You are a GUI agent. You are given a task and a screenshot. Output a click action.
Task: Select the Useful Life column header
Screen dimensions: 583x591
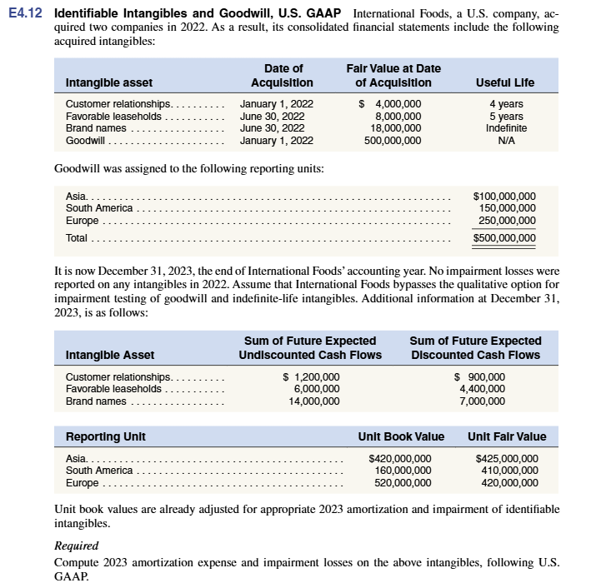click(505, 82)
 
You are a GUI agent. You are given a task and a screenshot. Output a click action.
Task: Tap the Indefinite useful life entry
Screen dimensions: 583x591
click(506, 128)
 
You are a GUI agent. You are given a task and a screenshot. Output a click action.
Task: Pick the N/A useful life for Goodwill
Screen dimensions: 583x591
click(506, 141)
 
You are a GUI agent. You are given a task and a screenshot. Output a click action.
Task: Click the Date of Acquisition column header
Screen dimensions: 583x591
click(283, 75)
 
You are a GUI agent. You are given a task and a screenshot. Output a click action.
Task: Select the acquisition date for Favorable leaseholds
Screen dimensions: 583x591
click(272, 116)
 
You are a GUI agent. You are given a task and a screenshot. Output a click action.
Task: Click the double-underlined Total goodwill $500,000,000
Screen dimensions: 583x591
click(504, 238)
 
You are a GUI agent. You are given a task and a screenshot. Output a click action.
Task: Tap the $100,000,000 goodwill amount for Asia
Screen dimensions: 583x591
click(504, 197)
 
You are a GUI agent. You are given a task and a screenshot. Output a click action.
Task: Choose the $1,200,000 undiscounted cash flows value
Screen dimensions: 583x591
click(312, 376)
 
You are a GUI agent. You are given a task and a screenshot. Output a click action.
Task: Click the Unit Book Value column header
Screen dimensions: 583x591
click(401, 436)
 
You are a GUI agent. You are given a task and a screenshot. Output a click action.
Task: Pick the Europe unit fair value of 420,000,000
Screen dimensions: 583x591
click(507, 482)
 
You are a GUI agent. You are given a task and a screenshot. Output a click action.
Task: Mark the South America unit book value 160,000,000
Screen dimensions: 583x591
click(400, 470)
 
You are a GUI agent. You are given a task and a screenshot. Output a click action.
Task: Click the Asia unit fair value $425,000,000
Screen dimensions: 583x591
click(507, 458)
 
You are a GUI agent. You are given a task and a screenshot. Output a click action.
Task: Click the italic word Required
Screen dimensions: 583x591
click(76, 546)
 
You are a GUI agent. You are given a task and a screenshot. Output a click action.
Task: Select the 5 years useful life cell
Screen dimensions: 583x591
click(506, 116)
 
